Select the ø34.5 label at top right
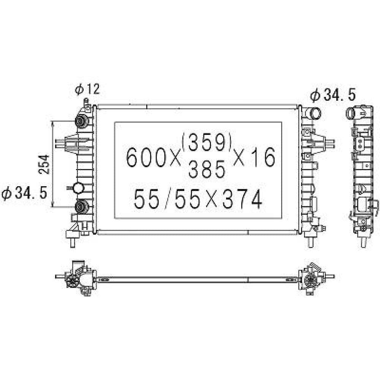click(332, 95)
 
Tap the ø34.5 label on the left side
click(24, 193)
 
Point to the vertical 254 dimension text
click(44, 164)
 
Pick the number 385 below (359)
click(207, 170)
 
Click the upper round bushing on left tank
click(81, 121)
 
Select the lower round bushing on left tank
click(81, 207)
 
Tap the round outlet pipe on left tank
click(78, 188)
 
